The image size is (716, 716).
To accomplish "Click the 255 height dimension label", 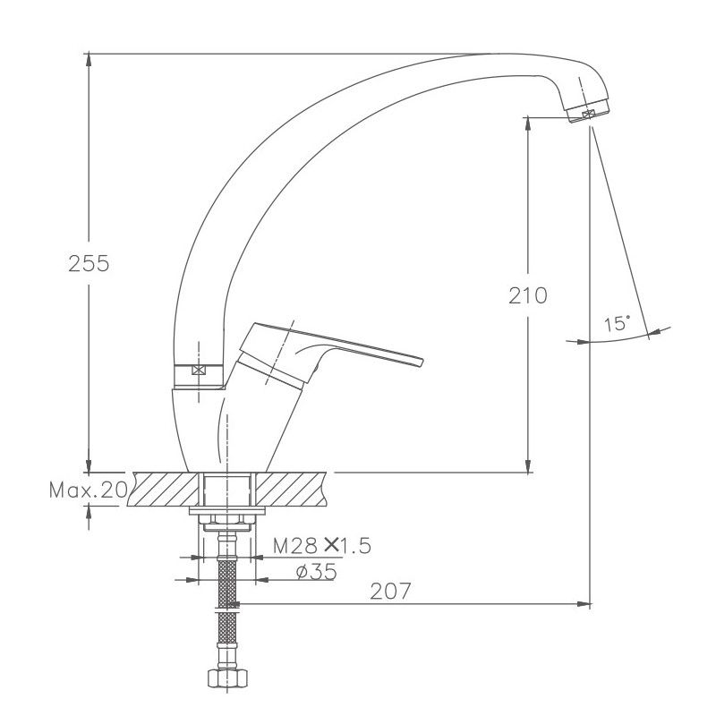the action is coord(89,263).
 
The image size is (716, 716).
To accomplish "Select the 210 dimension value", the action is coord(528,295).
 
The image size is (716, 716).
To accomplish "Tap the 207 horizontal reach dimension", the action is coord(390,591).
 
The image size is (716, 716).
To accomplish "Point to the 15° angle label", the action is coord(617,324).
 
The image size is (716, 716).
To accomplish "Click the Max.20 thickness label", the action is coord(88,490).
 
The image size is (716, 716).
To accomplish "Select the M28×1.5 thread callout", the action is coord(322,545).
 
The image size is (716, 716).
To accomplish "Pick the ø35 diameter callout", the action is coord(317,571).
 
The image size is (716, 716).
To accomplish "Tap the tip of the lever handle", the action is coord(421,362).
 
